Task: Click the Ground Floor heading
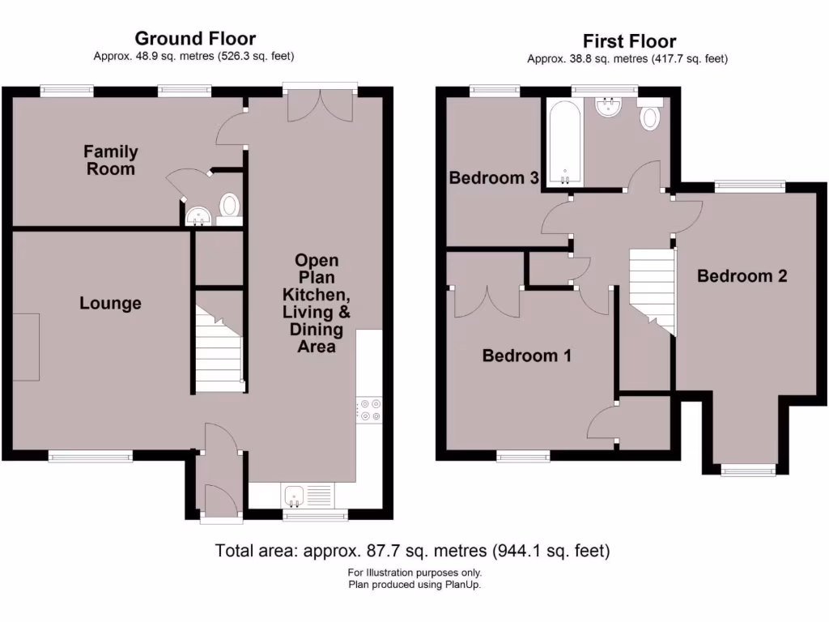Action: pyautogui.click(x=195, y=38)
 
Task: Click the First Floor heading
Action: pyautogui.click(x=629, y=40)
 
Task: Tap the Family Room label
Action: pyautogui.click(x=111, y=160)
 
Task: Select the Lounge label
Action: pyautogui.click(x=110, y=304)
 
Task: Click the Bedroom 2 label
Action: pyautogui.click(x=742, y=276)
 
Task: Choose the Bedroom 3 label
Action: pyautogui.click(x=494, y=178)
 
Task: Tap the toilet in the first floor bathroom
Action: pyautogui.click(x=649, y=116)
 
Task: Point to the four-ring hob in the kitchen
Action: pyautogui.click(x=369, y=410)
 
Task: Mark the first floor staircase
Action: pyautogui.click(x=653, y=288)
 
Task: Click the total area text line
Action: pyautogui.click(x=412, y=552)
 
